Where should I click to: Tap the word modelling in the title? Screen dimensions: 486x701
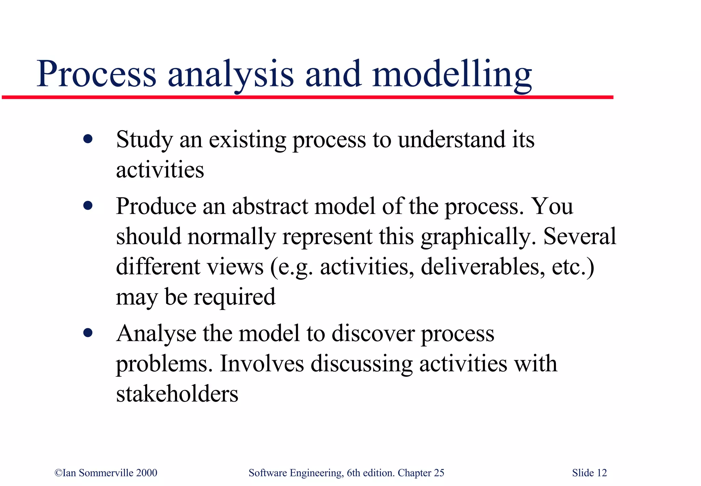(452, 74)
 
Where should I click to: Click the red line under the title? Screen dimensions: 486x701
(308, 98)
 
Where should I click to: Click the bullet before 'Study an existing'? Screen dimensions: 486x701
(88, 139)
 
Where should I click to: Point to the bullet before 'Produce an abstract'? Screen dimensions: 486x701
(88, 206)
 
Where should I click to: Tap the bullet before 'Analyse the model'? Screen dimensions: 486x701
(88, 333)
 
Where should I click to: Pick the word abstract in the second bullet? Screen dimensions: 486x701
(270, 206)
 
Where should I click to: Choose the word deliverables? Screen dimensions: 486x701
(483, 267)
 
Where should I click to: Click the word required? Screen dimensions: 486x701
(234, 297)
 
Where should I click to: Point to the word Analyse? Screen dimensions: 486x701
(156, 333)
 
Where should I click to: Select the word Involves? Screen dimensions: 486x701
(262, 364)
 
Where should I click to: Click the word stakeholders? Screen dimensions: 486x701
(177, 394)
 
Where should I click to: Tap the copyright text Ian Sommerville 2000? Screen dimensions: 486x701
(106, 473)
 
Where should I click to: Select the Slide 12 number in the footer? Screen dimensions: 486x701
(589, 473)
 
